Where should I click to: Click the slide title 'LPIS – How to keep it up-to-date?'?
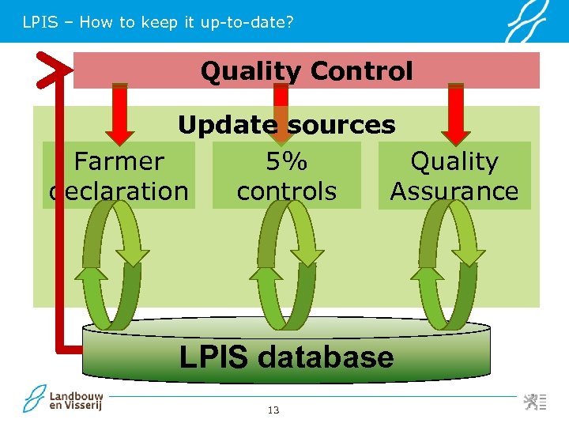tap(158, 22)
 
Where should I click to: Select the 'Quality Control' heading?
tap(307, 71)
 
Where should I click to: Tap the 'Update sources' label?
tap(286, 125)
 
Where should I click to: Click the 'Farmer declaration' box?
tap(119, 176)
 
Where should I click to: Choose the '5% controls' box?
tap(286, 176)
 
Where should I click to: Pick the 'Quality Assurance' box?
tap(454, 176)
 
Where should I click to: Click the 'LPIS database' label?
tap(286, 357)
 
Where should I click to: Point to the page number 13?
tap(273, 410)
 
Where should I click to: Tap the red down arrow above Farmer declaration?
tap(119, 115)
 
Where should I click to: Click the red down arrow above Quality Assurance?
tap(456, 115)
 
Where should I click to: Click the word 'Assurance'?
tap(454, 191)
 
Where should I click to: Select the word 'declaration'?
tap(119, 191)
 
